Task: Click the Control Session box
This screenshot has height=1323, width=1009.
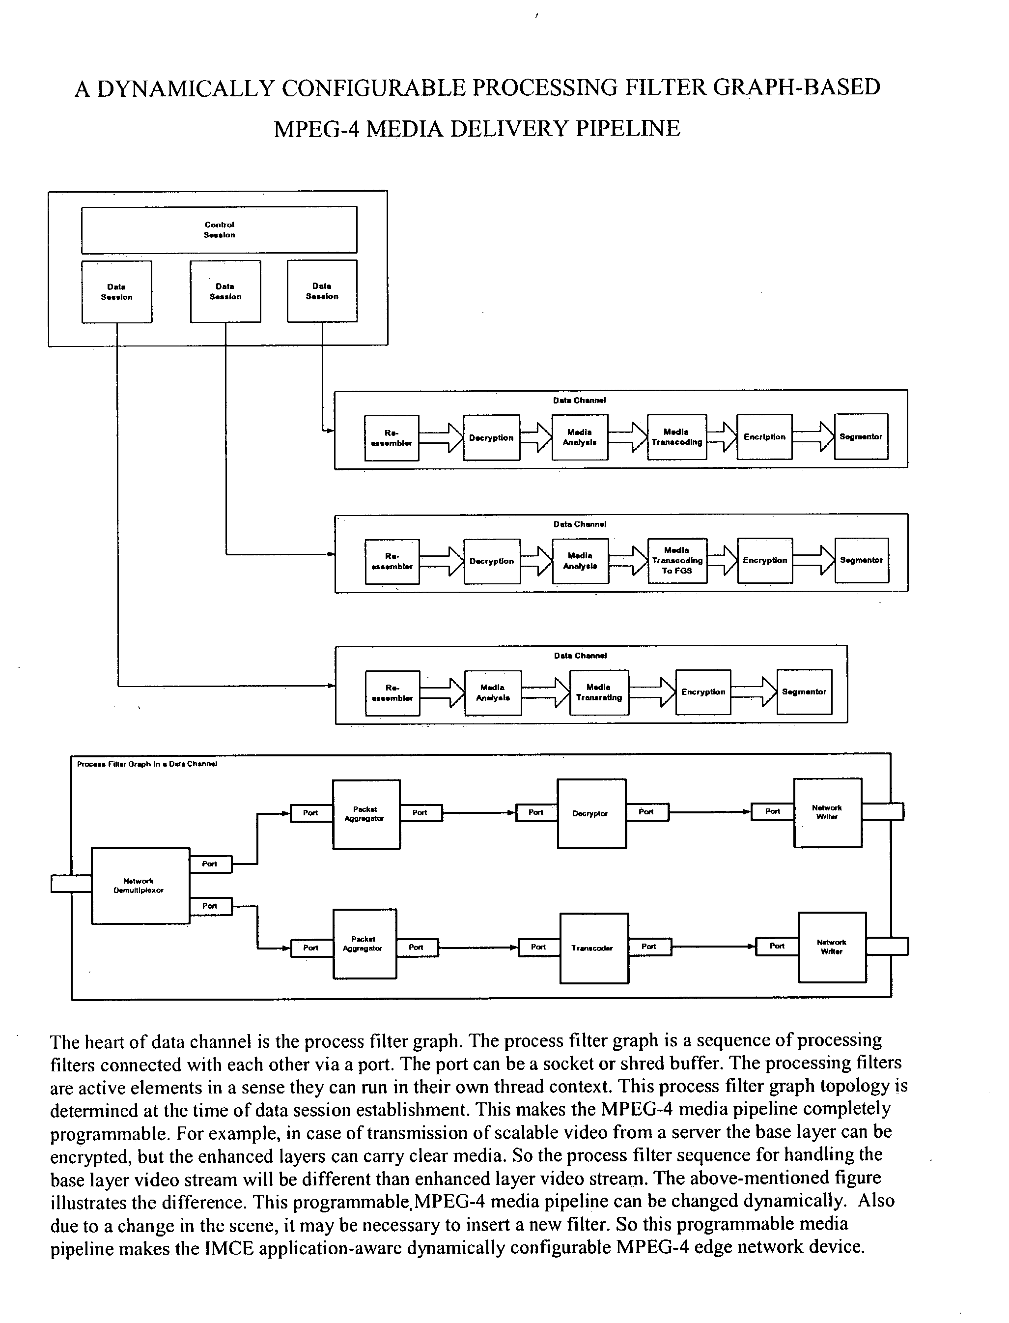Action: click(219, 230)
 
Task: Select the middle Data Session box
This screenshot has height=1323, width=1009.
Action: click(225, 291)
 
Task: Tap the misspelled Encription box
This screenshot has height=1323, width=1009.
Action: click(764, 437)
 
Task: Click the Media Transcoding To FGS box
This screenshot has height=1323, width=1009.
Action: click(677, 561)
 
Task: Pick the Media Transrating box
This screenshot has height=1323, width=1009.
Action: click(599, 692)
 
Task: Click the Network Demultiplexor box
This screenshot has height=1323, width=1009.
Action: click(140, 886)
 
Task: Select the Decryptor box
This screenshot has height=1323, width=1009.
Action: click(591, 813)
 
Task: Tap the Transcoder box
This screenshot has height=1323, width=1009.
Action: click(594, 948)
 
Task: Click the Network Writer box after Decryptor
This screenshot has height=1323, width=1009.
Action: click(828, 812)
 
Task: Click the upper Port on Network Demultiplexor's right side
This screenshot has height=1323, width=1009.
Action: click(210, 864)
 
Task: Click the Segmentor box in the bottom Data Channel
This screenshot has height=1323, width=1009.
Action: click(804, 692)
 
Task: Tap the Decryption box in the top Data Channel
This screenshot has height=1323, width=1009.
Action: click(491, 438)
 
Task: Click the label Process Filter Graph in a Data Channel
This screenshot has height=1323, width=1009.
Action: click(147, 764)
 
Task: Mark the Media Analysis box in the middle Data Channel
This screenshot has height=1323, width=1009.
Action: click(580, 561)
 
